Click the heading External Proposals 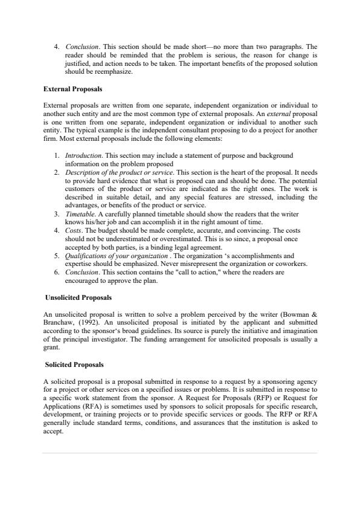tap(72, 89)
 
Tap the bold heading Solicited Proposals tap(74, 365)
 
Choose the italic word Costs tap(74, 231)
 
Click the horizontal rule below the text tap(179, 453)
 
